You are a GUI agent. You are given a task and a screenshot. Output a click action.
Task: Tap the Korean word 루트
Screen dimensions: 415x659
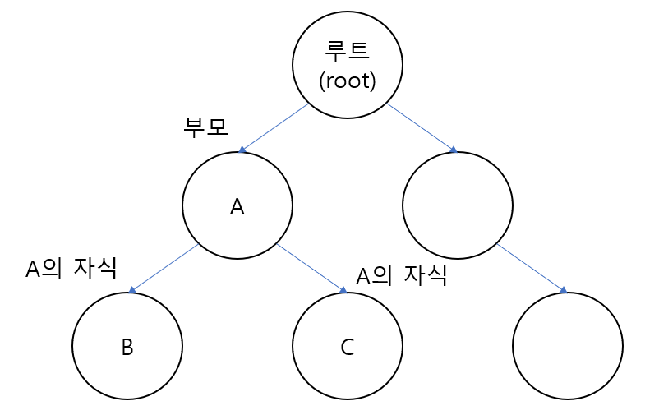348,50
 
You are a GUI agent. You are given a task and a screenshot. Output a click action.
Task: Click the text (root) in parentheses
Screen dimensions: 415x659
348,81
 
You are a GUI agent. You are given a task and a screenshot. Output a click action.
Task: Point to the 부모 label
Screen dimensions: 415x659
205,127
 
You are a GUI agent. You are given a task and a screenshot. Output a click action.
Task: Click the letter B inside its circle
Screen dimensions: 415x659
127,347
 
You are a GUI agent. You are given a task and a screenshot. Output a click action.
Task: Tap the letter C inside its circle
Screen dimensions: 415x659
347,347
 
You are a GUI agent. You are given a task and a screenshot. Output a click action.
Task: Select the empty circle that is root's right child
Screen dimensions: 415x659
458,205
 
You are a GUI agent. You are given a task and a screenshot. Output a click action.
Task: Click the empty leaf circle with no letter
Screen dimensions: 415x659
568,346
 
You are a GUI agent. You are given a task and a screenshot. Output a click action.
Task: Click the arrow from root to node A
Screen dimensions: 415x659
274,127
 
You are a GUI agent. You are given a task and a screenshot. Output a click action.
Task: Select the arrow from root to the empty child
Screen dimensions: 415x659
421,127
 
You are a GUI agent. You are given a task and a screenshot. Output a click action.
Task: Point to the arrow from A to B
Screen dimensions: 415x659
164,269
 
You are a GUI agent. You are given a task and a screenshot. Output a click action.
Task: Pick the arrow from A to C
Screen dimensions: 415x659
311,268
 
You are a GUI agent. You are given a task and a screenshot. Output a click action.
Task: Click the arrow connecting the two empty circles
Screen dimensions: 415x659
531,268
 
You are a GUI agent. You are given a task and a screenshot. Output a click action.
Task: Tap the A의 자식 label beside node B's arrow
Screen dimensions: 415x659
71,268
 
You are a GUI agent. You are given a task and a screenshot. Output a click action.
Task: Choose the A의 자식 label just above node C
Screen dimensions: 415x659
401,275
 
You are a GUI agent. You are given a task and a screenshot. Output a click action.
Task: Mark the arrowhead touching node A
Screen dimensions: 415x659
242,150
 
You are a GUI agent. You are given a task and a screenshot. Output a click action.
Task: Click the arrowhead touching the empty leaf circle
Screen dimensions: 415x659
563,290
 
